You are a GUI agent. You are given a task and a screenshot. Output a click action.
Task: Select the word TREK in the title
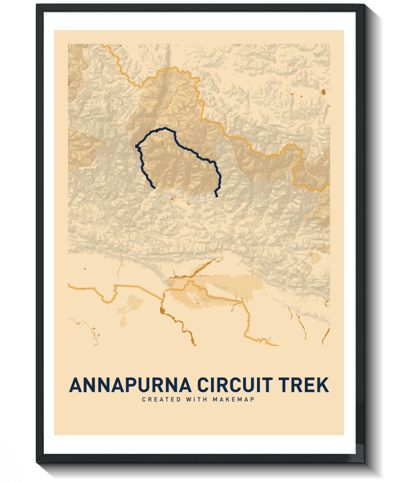click(303, 385)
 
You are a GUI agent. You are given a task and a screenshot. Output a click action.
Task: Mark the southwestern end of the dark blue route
click(153, 187)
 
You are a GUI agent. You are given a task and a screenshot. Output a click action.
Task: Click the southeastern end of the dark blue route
click(216, 197)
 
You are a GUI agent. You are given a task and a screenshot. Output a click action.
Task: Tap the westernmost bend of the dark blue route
click(137, 145)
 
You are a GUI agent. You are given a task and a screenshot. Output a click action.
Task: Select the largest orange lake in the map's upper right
click(323, 91)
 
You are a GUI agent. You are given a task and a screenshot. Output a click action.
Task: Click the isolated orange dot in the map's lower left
click(85, 268)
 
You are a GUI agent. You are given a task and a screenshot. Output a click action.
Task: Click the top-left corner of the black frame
click(37, 4)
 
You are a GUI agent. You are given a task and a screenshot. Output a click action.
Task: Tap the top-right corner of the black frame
click(363, 4)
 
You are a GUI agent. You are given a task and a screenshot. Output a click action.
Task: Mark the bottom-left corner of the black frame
click(37, 461)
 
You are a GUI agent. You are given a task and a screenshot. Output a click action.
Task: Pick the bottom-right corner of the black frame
click(363, 461)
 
